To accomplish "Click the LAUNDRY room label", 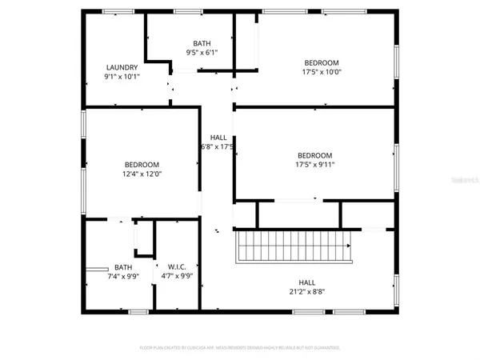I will pos(122,67).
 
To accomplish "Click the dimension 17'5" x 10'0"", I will pos(322,72).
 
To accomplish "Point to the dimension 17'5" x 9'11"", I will pos(315,166).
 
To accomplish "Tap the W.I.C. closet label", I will pos(177,266).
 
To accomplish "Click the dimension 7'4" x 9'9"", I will pos(123,277).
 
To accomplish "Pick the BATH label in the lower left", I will pos(123,267).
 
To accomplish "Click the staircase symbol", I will pos(294,246).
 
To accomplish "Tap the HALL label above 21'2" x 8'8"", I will pos(307,282).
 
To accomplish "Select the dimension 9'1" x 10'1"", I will pos(122,77).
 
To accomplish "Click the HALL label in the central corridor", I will pos(218,137).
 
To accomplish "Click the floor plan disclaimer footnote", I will pos(240,348).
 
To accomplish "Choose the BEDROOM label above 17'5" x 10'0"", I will pos(322,62).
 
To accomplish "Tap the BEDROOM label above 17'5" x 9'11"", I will pos(315,156).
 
